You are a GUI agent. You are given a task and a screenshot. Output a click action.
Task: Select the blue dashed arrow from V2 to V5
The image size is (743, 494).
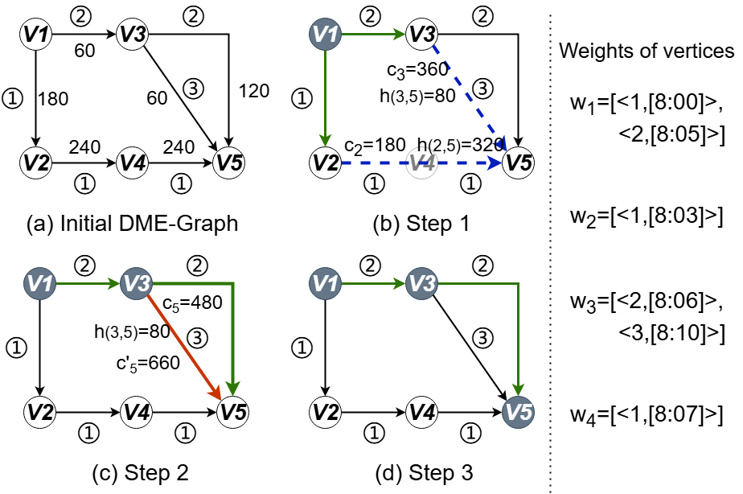(x=378, y=163)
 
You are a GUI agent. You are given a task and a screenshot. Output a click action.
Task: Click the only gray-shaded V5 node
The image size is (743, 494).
(x=518, y=413)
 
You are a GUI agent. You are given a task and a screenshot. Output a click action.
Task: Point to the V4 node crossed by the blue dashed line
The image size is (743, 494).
(x=421, y=163)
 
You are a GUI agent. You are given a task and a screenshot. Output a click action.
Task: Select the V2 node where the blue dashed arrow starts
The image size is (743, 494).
(x=325, y=163)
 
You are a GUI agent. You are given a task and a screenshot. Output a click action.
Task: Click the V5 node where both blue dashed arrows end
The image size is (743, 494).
(x=518, y=163)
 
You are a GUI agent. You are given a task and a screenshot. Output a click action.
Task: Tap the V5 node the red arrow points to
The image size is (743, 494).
(x=232, y=413)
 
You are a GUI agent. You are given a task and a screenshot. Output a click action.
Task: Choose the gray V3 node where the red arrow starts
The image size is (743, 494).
(x=136, y=284)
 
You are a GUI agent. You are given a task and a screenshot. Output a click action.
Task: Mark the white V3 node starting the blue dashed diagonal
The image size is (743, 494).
(x=421, y=35)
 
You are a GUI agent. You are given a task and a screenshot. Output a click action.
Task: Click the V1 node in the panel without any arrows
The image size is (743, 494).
(x=35, y=35)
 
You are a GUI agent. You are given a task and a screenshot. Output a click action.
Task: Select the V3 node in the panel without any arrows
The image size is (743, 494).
(x=132, y=35)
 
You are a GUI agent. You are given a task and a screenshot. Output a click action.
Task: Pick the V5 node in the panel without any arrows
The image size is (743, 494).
(x=228, y=163)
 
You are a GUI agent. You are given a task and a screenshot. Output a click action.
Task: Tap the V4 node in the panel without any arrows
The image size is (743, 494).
(x=132, y=163)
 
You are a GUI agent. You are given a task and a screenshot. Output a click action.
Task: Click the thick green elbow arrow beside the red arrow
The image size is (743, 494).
(x=232, y=322)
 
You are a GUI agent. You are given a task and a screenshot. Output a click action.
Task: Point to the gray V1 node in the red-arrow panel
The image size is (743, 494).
(x=40, y=284)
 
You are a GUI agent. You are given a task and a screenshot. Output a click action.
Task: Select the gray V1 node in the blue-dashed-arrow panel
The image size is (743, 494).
(x=325, y=35)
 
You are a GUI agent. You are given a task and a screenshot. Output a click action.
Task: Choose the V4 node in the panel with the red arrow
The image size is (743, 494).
(x=136, y=413)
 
